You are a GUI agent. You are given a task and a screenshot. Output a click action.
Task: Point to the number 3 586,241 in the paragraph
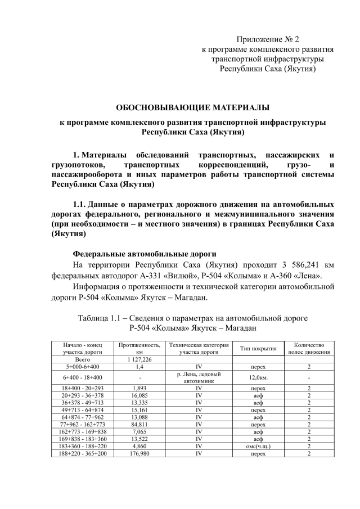295,265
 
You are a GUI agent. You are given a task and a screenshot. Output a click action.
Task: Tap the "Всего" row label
83,358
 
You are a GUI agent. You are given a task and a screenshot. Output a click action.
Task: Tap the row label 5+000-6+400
83,366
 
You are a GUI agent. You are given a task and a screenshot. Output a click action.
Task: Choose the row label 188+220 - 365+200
83,453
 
